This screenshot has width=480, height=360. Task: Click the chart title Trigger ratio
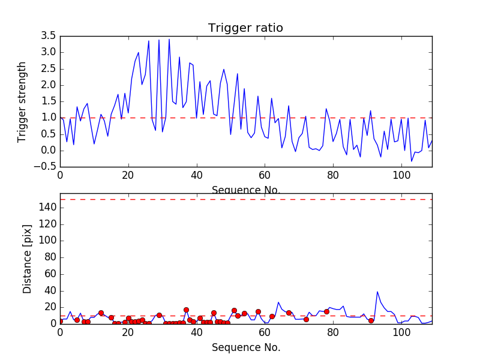245,28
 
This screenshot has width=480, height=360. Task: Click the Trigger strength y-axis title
22,101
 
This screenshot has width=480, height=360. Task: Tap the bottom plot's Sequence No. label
246,347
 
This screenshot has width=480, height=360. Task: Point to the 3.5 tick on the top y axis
48,36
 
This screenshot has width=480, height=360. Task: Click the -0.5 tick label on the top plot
46,167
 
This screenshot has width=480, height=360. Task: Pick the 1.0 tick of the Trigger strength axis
48,118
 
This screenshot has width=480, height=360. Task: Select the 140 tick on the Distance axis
46,208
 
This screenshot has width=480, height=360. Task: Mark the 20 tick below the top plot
128,176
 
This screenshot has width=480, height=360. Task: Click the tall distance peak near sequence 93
377,292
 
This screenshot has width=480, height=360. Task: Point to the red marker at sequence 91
371,320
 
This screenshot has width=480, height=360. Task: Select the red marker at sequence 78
326,311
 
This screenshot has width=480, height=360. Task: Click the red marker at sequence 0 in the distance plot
60,321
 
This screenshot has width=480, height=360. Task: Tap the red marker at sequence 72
306,319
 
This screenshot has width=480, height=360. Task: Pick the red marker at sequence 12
101,313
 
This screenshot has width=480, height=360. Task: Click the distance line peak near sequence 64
278,302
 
